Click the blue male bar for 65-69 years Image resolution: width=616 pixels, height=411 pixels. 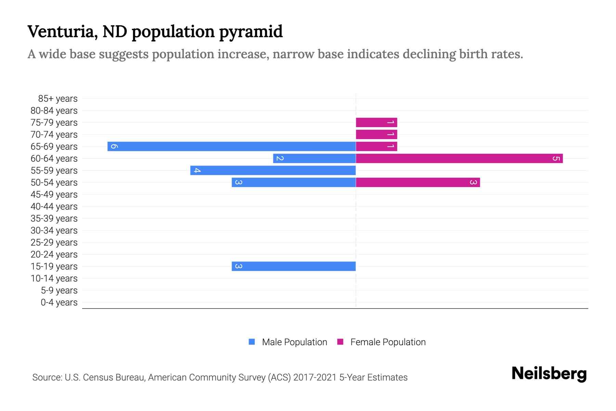click(x=231, y=146)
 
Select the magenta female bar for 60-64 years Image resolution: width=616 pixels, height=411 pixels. click(x=459, y=158)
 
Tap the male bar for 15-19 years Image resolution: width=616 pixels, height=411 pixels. click(x=294, y=266)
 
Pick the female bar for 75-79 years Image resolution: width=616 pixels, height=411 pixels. click(x=376, y=122)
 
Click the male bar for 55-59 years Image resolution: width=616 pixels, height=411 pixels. click(x=273, y=170)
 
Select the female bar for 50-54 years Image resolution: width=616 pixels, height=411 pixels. click(x=418, y=182)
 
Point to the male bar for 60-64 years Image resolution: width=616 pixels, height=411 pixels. click(x=314, y=158)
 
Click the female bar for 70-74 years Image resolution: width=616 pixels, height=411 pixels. click(x=376, y=134)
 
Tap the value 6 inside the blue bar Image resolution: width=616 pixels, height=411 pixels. click(x=114, y=147)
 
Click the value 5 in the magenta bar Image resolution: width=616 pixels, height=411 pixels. click(x=556, y=159)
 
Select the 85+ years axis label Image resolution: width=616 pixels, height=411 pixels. click(x=57, y=99)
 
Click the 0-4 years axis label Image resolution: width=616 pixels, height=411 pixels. click(x=59, y=302)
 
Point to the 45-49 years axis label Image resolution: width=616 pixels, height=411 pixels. click(x=54, y=195)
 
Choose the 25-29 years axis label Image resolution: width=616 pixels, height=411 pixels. click(x=54, y=242)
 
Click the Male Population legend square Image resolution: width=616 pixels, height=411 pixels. click(x=252, y=342)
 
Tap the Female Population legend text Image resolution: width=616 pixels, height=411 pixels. click(x=388, y=342)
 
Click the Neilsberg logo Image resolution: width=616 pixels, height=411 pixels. click(x=549, y=374)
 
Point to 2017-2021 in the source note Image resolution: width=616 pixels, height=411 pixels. click(x=315, y=377)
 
